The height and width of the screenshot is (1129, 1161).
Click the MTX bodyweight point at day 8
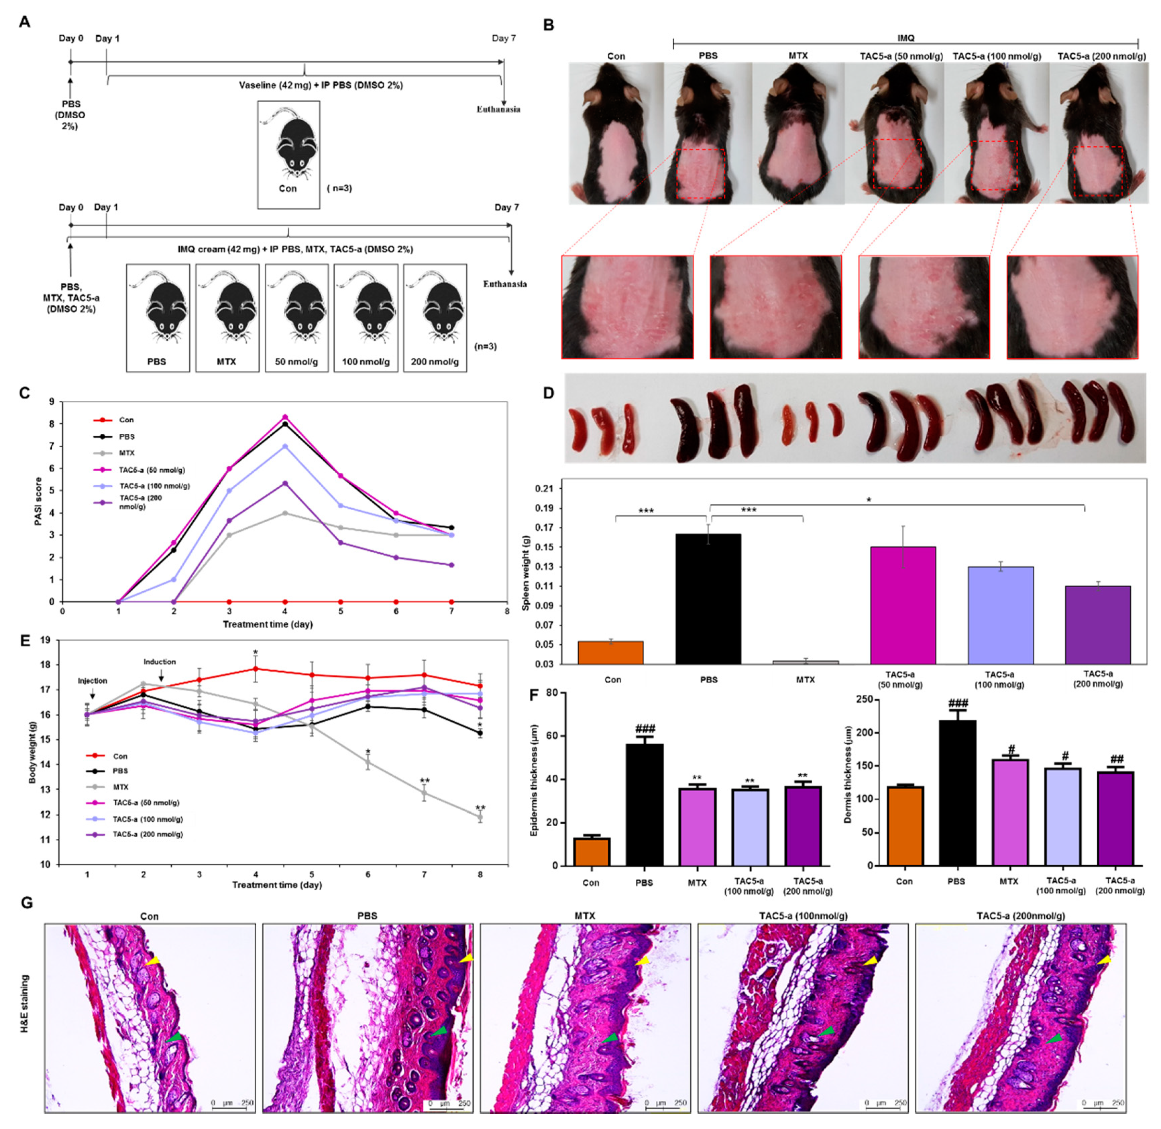pos(480,817)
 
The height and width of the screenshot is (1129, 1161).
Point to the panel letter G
pos(26,903)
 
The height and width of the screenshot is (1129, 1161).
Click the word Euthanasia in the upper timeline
pos(498,109)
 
